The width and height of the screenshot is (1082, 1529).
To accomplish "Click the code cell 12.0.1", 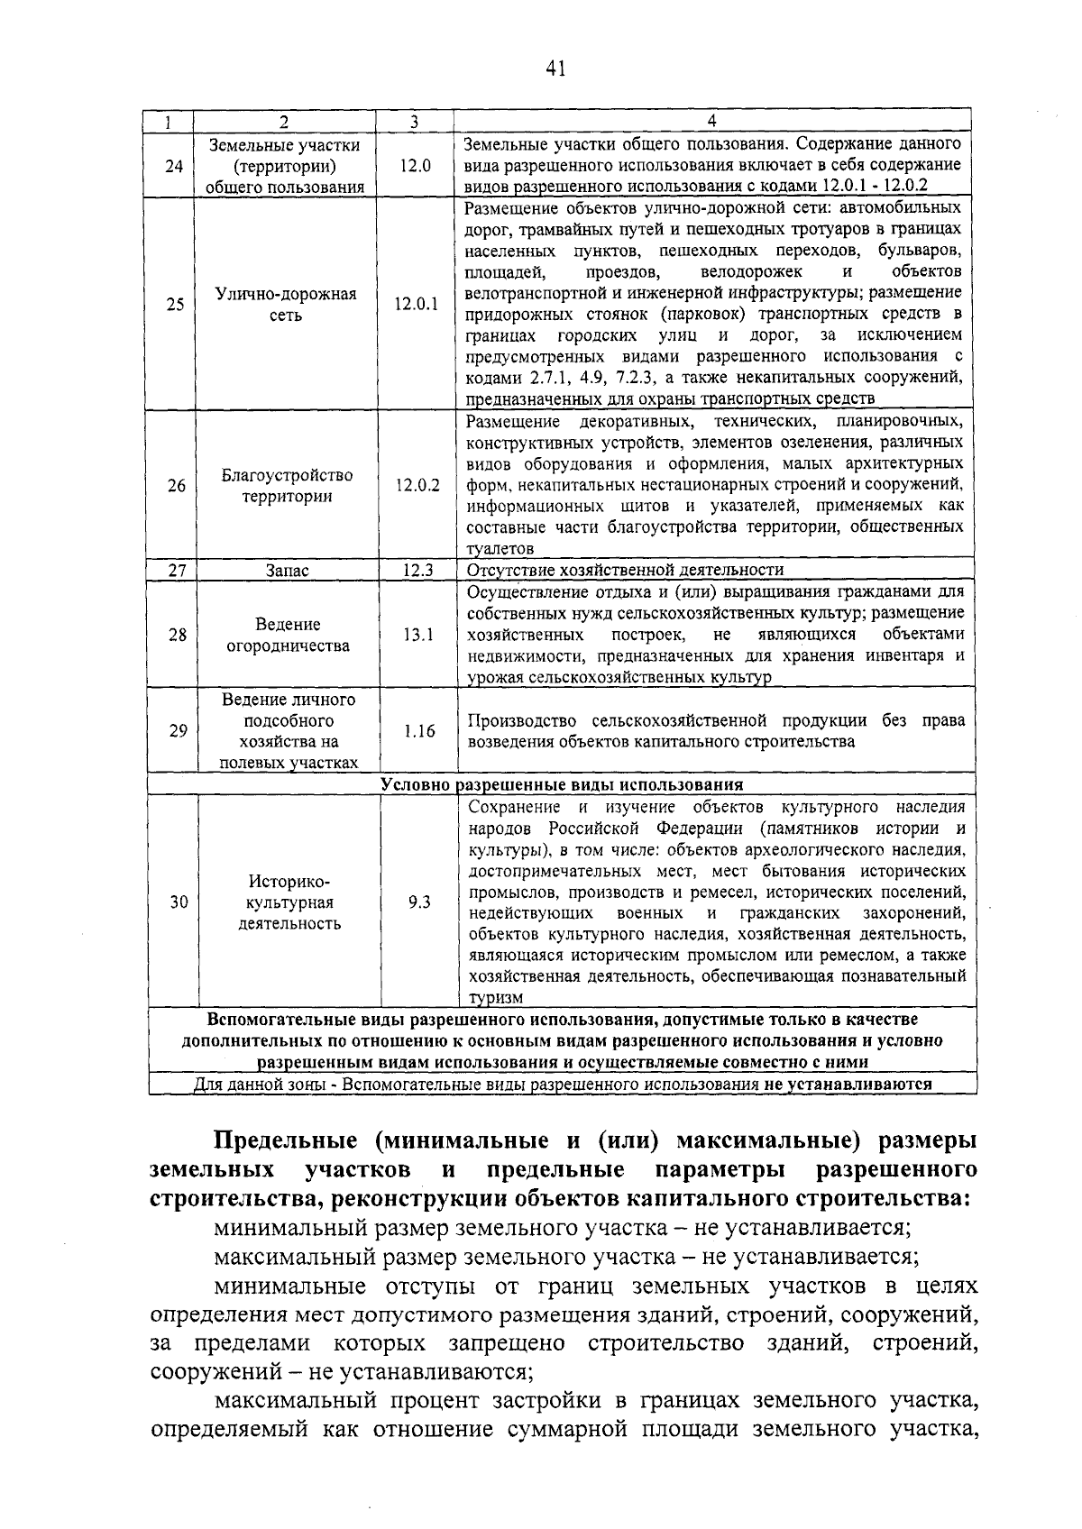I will (x=416, y=305).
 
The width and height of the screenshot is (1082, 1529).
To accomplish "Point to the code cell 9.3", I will (x=419, y=902).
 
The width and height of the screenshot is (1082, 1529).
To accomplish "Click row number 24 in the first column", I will (x=175, y=166).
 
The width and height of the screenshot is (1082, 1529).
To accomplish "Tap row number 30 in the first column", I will (x=179, y=902).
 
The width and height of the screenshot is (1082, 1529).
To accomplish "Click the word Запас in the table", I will (x=287, y=571).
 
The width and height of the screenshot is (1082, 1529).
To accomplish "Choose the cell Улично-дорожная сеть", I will (x=286, y=305).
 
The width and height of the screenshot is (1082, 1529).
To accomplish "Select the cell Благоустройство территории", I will (x=287, y=486).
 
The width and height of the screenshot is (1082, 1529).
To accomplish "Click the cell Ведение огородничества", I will (x=288, y=635).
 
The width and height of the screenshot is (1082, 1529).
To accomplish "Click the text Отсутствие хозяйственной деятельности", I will (x=625, y=570).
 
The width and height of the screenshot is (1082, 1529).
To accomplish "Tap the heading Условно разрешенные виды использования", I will (x=562, y=784).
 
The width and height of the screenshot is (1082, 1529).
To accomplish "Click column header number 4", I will (x=711, y=121).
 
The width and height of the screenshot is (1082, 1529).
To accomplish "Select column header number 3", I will (x=414, y=121).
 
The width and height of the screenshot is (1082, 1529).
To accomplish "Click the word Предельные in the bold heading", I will (x=289, y=1140).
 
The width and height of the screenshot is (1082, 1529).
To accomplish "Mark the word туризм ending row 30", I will (x=495, y=998).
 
